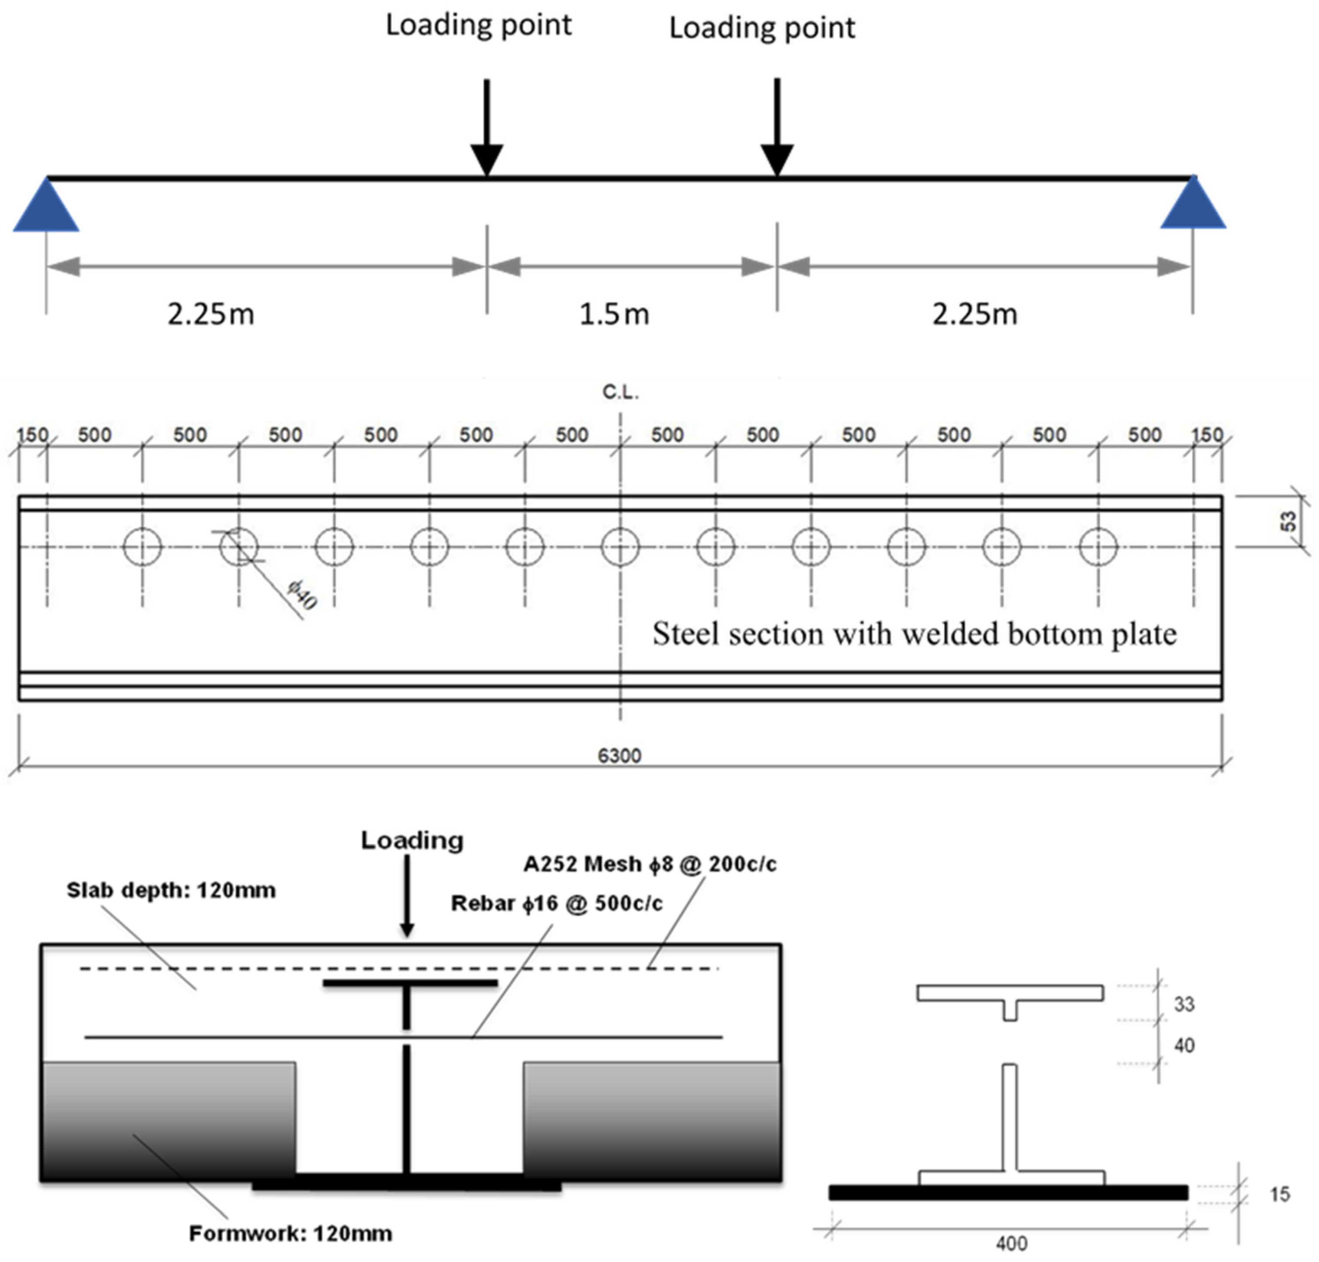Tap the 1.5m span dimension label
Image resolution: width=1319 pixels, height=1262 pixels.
(614, 314)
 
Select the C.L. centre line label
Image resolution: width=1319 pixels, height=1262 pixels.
(619, 392)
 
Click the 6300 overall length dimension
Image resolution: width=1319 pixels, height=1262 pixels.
(619, 755)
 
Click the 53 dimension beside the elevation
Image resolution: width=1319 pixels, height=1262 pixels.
(1287, 521)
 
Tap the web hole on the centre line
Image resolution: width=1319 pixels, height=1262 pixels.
(619, 546)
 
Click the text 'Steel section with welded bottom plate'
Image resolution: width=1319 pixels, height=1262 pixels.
(913, 634)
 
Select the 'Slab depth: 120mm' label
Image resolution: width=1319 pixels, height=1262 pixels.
(171, 890)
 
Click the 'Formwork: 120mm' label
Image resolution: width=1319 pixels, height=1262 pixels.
(290, 1233)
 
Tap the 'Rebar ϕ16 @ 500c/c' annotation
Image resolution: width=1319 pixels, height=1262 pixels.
(556, 903)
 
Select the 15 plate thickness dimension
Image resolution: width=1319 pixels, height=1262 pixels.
(1279, 1194)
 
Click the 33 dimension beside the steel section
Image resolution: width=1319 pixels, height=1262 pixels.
(1184, 1004)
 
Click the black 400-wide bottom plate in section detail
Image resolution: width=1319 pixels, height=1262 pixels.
(1008, 1193)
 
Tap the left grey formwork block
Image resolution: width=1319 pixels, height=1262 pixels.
(168, 1120)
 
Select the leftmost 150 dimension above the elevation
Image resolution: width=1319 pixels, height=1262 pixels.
(31, 435)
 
